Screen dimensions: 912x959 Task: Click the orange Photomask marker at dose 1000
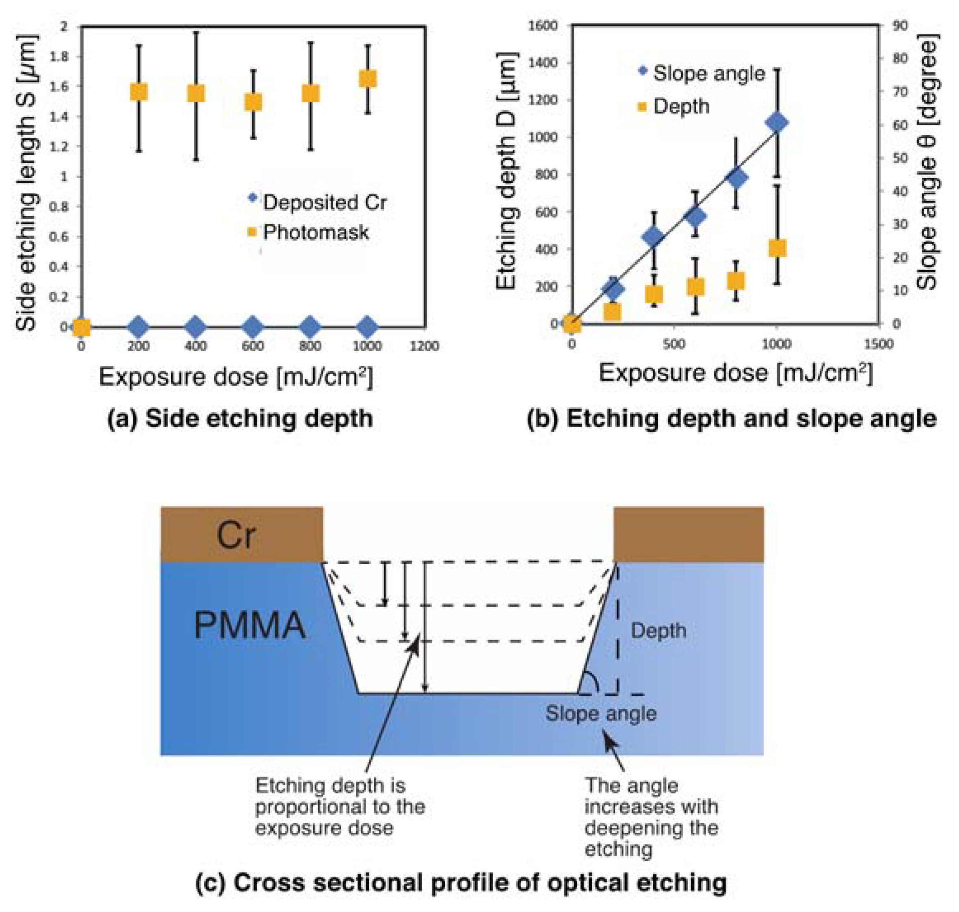(x=367, y=79)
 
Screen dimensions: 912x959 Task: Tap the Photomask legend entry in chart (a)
(x=315, y=232)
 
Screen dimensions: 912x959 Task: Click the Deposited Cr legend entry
(x=324, y=202)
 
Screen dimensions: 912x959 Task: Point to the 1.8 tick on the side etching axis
(x=59, y=57)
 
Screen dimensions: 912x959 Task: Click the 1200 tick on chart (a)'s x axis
(x=424, y=346)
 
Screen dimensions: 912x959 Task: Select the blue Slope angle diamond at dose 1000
(x=777, y=123)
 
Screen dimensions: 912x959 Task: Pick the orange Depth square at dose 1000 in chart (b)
(x=777, y=248)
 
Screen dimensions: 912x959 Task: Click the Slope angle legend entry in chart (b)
(x=708, y=73)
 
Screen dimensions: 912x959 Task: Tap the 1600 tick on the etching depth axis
(x=543, y=25)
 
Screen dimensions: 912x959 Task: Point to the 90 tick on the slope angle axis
(x=900, y=25)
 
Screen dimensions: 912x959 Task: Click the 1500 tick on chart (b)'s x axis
(x=879, y=344)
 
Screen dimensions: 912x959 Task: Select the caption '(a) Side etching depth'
(x=240, y=419)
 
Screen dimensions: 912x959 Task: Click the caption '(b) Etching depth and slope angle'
(x=732, y=419)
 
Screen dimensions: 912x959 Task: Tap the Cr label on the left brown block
(x=236, y=535)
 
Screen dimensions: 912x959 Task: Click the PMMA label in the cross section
(x=250, y=625)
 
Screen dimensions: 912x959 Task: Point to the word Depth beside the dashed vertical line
(x=658, y=631)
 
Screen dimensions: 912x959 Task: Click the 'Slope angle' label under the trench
(x=601, y=714)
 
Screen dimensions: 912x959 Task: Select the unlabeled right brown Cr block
(x=688, y=534)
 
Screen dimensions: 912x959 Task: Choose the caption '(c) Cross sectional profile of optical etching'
(x=461, y=883)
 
